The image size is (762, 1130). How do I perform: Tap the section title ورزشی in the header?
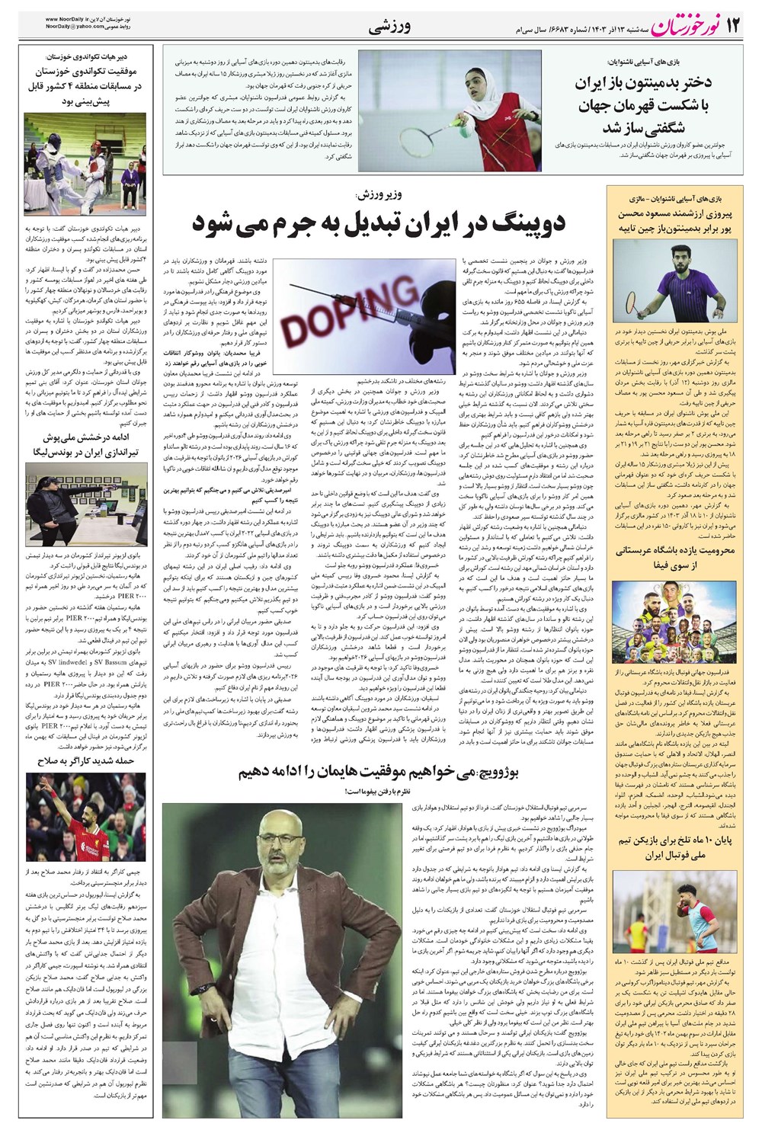[389, 28]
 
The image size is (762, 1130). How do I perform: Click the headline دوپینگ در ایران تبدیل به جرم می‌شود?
[378, 222]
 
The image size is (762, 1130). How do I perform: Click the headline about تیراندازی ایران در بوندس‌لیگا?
[85, 445]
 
